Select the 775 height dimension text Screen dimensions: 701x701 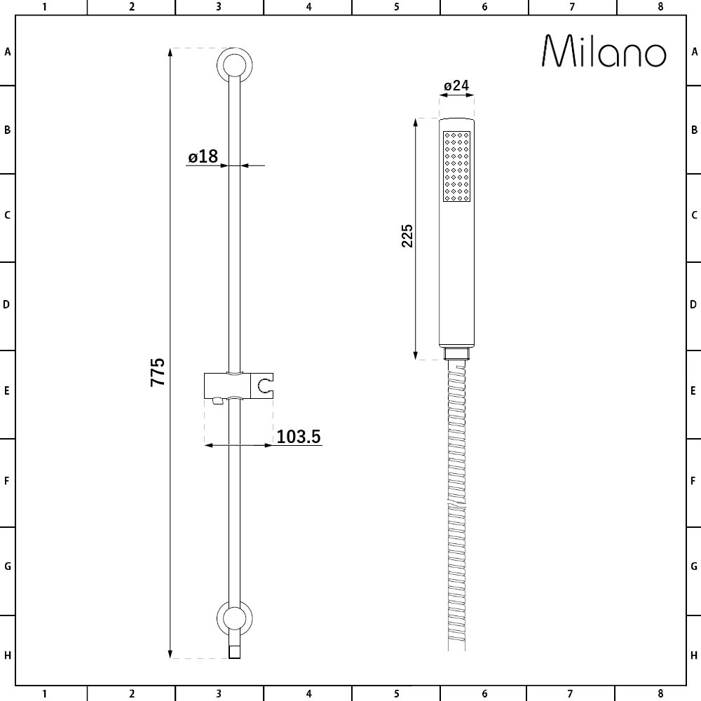[x=158, y=372]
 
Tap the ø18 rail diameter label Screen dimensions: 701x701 [x=203, y=156]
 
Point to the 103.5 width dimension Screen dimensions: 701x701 [x=299, y=437]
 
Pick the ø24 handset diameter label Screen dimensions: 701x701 [x=456, y=86]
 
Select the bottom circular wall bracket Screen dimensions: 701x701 [x=236, y=618]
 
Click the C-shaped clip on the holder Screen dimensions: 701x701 [x=266, y=385]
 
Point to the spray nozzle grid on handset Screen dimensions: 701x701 [x=456, y=165]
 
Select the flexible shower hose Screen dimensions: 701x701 [x=456, y=505]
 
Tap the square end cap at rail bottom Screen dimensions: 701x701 [x=236, y=652]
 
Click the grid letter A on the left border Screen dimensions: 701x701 [x=8, y=51]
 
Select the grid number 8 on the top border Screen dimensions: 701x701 [x=660, y=7]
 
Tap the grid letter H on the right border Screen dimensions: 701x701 [x=694, y=656]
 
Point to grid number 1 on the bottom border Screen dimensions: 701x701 [x=44, y=694]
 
